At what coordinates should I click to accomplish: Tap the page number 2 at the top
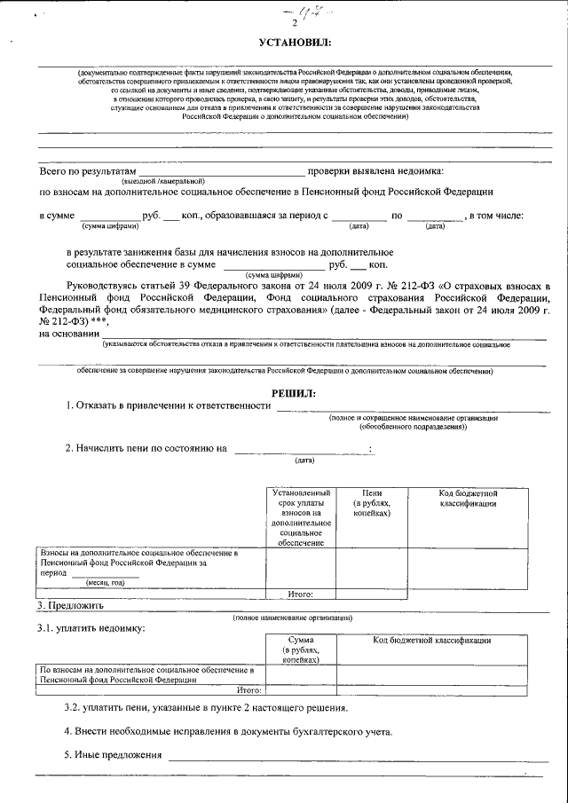point(282,24)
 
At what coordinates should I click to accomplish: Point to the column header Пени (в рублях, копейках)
point(367,503)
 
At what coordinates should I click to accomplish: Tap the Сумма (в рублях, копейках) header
point(301,649)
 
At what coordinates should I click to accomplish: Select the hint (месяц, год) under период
point(105,582)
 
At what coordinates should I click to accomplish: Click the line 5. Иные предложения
point(114,754)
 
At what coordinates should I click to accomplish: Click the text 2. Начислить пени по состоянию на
point(146,449)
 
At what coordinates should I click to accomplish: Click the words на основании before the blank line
point(68,334)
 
